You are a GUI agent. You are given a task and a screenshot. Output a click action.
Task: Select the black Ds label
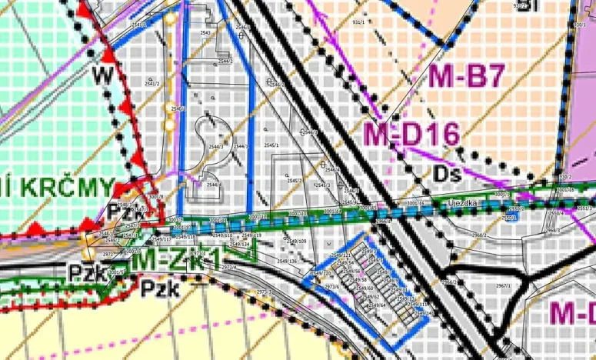446,174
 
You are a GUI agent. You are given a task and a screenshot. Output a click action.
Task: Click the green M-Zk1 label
176,258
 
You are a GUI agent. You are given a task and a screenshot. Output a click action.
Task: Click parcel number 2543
205,33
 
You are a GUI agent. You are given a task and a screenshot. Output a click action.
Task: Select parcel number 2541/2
151,84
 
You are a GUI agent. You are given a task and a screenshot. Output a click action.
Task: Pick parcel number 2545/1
271,145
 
